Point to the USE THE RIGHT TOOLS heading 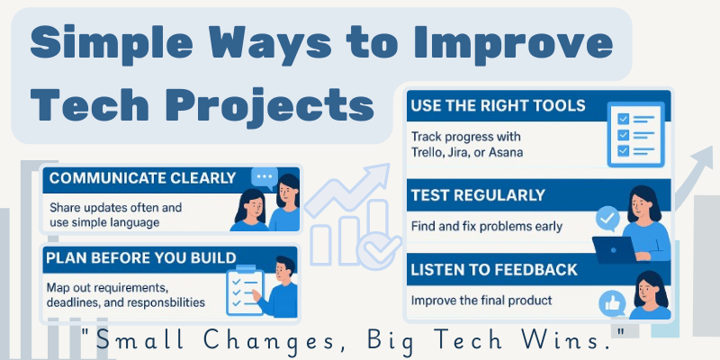point(498,105)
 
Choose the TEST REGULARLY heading point(478,194)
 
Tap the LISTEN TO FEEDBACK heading point(494,269)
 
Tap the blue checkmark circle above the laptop point(608,218)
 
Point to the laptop point(617,249)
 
